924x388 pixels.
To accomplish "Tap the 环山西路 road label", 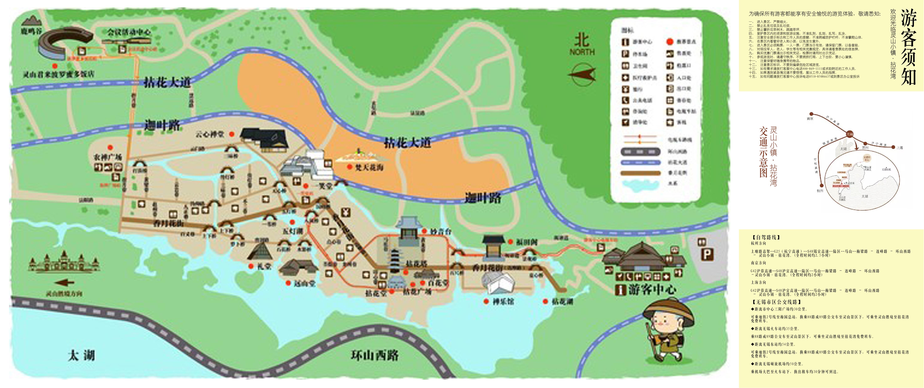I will tap(375, 355).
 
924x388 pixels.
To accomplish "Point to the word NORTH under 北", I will tap(582, 52).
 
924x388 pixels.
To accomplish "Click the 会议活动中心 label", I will tap(129, 32).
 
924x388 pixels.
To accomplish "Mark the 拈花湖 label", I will tap(562, 302).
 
